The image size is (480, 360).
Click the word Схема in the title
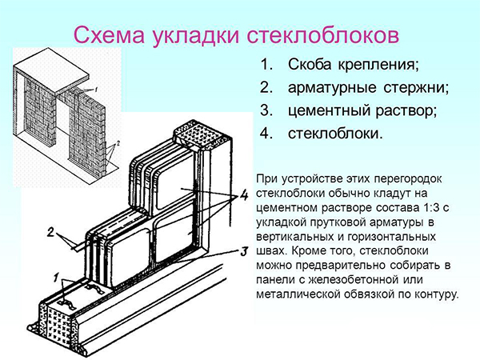[109, 35]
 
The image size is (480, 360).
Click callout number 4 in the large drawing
[244, 195]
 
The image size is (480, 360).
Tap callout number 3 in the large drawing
[244, 252]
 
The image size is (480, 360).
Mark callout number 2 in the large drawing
[50, 233]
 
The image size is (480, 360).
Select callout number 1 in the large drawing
[55, 278]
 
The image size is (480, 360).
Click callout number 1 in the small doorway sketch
[95, 90]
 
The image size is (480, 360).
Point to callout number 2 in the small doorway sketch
[118, 143]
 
